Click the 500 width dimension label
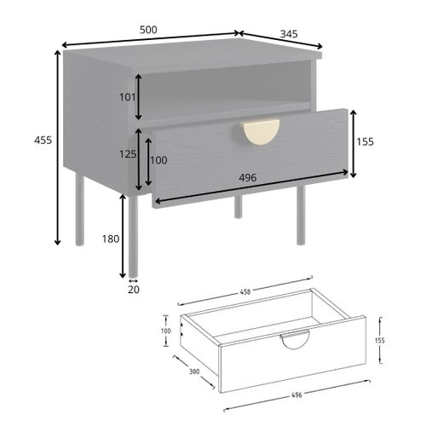(x=148, y=29)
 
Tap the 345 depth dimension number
(x=286, y=35)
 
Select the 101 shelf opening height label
(x=126, y=97)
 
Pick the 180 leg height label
(x=110, y=239)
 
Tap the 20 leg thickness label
(x=132, y=290)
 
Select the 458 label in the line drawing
(x=245, y=292)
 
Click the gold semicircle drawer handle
(x=261, y=132)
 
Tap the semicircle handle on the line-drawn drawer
(x=296, y=340)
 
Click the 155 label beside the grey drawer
(x=364, y=142)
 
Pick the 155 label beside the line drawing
(x=379, y=339)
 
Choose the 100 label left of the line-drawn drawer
(x=166, y=331)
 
